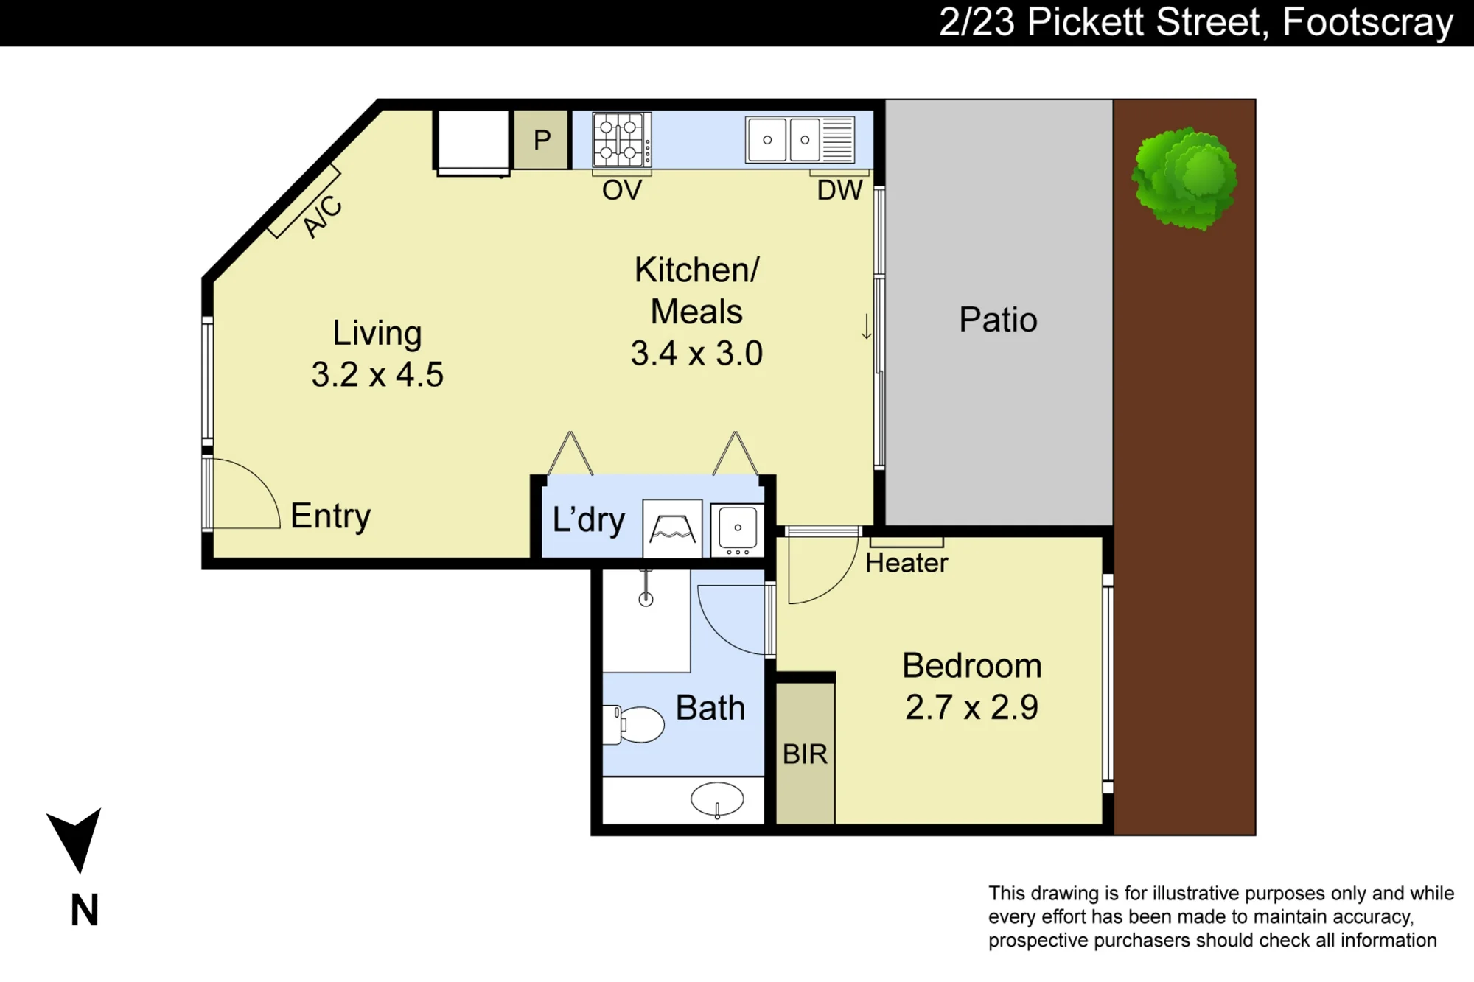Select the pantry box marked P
[x=542, y=140]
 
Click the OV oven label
[x=622, y=190]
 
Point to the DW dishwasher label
[x=839, y=190]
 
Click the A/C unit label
[x=323, y=216]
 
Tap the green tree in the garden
[x=1184, y=178]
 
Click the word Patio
[x=998, y=320]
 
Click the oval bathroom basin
[x=717, y=799]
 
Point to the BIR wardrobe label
[x=805, y=754]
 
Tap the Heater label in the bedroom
[x=907, y=563]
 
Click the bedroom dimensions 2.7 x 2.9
[x=971, y=707]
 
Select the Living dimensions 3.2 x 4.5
[x=377, y=374]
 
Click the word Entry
[x=330, y=516]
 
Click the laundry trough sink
[x=737, y=529]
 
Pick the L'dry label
[x=589, y=519]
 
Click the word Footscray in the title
[x=1368, y=22]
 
